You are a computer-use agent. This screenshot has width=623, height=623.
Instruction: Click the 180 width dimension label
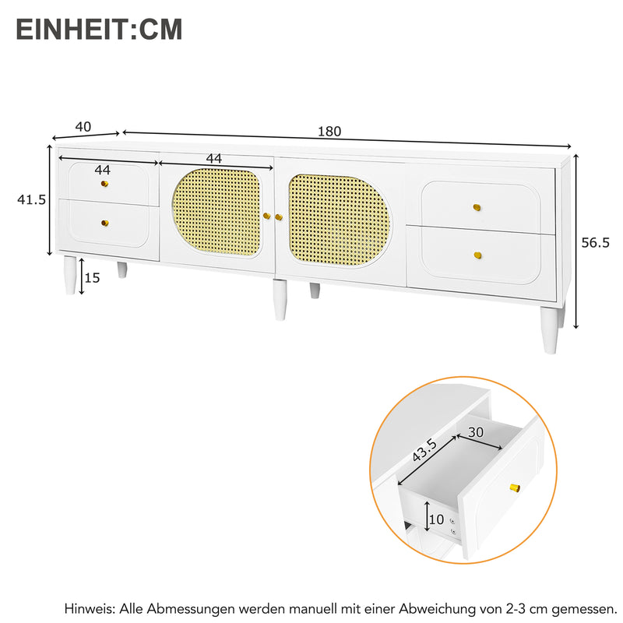pyautogui.click(x=329, y=131)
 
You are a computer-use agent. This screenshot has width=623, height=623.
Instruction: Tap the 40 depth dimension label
pyautogui.click(x=83, y=127)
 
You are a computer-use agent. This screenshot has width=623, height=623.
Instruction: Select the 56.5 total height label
pyautogui.click(x=595, y=242)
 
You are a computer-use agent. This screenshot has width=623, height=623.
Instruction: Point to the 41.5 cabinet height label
pyautogui.click(x=31, y=199)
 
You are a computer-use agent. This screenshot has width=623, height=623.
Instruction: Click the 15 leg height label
pyautogui.click(x=92, y=278)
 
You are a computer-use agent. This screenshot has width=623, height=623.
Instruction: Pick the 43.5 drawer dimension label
pyautogui.click(x=424, y=450)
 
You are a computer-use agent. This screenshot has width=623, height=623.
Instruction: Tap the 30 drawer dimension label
pyautogui.click(x=476, y=432)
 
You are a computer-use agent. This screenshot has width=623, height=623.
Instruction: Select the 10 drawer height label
pyautogui.click(x=436, y=519)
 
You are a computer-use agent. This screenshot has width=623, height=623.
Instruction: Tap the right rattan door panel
pyautogui.click(x=339, y=220)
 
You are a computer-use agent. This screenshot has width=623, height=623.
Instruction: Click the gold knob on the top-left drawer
pyautogui.click(x=104, y=184)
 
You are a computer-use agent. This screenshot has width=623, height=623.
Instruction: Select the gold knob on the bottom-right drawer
pyautogui.click(x=478, y=255)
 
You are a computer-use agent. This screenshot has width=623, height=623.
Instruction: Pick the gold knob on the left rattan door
pyautogui.click(x=267, y=216)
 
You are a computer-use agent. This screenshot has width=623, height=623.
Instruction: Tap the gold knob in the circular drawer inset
pyautogui.click(x=515, y=487)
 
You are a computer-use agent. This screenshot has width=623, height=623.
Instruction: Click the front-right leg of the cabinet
pyautogui.click(x=549, y=329)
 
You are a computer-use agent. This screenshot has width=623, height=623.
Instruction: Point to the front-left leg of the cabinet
pyautogui.click(x=70, y=275)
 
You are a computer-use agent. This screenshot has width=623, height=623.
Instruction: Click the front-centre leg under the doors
pyautogui.click(x=280, y=300)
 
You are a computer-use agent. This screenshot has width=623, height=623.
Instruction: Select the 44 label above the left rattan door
pyautogui.click(x=213, y=159)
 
